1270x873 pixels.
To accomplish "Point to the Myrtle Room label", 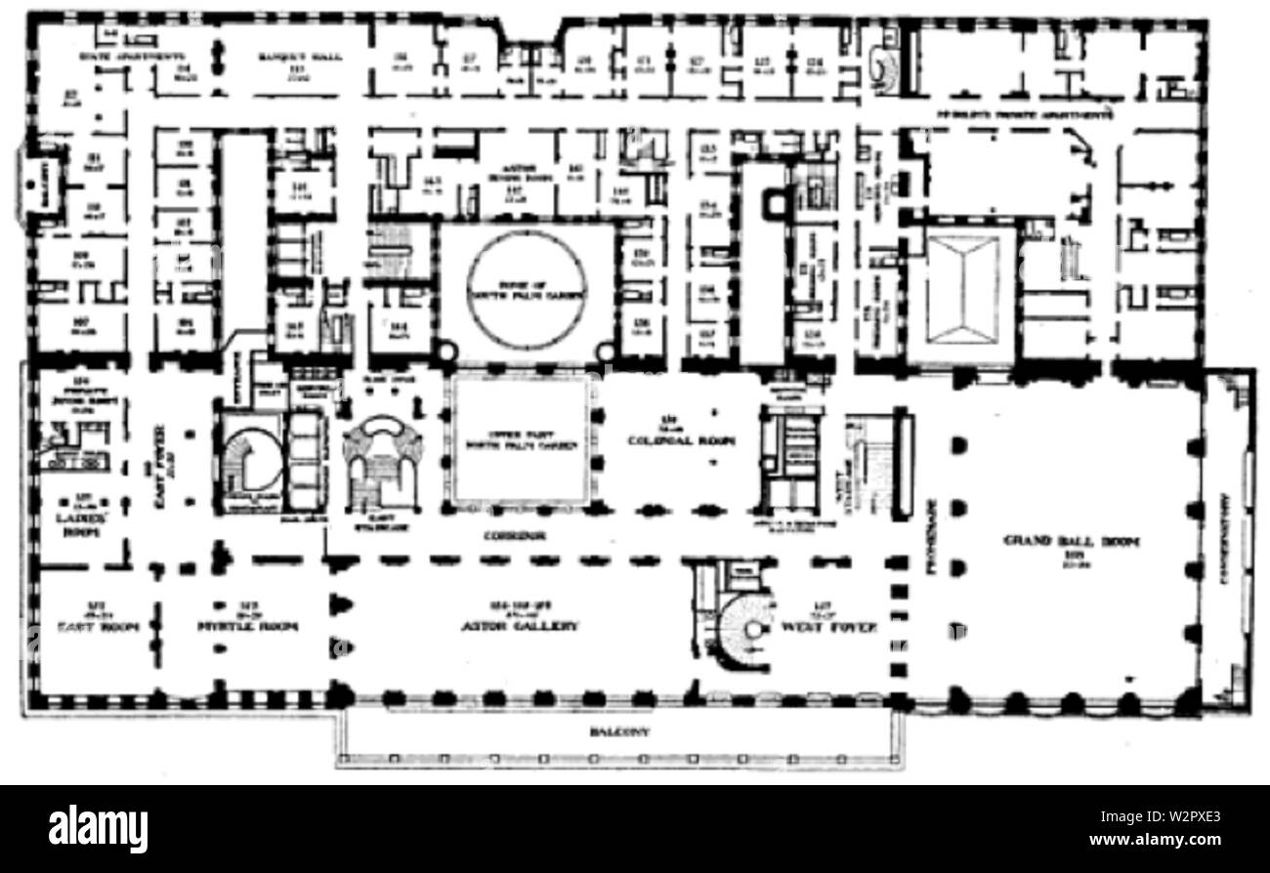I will point(255,626).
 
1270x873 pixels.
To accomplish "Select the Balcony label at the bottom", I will point(620,731).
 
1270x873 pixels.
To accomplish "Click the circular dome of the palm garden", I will point(528,288).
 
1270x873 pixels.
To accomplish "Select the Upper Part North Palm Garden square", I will point(520,439).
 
